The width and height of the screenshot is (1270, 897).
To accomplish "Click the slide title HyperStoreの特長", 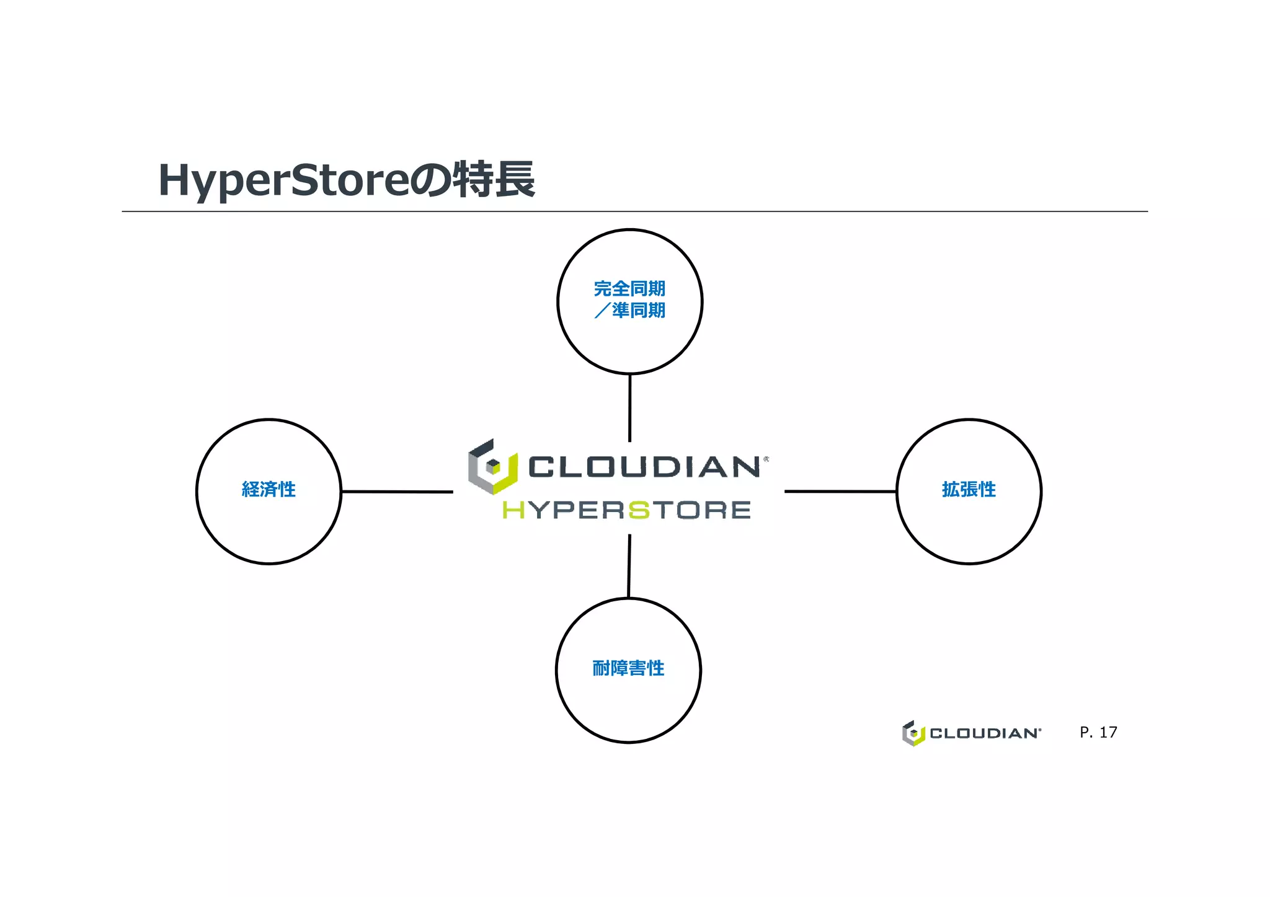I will click(346, 180).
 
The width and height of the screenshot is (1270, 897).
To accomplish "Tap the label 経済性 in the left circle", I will click(269, 490).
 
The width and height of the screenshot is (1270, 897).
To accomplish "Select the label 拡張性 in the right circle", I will click(969, 490).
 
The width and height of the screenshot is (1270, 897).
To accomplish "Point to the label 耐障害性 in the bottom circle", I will click(628, 668).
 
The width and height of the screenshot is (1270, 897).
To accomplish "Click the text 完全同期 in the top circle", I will click(629, 289).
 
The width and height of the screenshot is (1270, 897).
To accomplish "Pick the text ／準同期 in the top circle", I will click(629, 311).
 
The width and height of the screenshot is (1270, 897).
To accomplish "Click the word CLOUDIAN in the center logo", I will click(644, 467).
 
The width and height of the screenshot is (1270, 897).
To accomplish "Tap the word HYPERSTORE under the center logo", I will click(626, 510).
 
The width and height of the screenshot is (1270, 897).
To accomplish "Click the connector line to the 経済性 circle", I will click(397, 492).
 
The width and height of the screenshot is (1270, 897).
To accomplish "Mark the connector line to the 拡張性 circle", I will click(840, 492).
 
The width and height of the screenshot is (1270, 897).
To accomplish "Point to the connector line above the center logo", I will click(630, 407).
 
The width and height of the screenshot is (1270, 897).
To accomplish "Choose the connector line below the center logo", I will click(629, 565).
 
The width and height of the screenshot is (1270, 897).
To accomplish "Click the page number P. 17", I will click(1098, 733).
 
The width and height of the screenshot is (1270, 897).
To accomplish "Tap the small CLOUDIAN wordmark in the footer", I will click(984, 733).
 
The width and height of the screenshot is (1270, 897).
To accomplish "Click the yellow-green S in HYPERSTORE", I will click(639, 510).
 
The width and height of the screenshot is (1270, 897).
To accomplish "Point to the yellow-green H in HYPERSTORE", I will click(513, 510).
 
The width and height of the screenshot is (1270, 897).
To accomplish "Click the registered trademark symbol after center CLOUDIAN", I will click(766, 459).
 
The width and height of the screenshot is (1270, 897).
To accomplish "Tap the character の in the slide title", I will click(430, 180).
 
